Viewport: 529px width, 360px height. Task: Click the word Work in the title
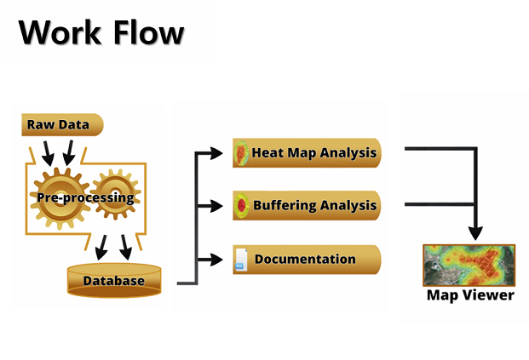[60, 32]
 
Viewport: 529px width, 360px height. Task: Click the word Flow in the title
[149, 32]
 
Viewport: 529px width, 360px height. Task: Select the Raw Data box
[62, 125]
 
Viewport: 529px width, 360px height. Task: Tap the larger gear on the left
[60, 198]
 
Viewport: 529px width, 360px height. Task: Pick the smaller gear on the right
[116, 195]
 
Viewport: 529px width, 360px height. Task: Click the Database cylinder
[114, 281]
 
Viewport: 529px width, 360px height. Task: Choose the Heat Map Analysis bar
[307, 152]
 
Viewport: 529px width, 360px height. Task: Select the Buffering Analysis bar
[307, 205]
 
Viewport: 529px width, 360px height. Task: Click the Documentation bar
[307, 260]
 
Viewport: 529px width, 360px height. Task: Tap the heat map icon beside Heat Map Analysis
[241, 153]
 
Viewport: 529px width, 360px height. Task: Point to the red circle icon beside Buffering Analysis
[242, 206]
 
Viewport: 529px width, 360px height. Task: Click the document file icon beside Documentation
[241, 260]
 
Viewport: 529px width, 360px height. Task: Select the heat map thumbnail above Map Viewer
[469, 266]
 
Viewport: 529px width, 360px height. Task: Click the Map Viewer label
[470, 295]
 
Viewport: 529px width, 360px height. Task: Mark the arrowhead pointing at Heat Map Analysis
[216, 153]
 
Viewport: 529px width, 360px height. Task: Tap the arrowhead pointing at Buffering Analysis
[216, 206]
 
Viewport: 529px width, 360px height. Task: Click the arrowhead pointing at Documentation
[216, 260]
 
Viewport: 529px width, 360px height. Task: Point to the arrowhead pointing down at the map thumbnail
[475, 233]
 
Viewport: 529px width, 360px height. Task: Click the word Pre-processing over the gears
[85, 197]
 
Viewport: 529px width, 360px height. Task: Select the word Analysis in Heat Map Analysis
[348, 153]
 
